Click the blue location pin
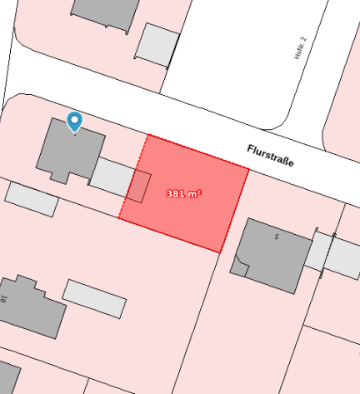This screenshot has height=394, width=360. point(75,122)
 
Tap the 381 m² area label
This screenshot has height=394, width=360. point(184,193)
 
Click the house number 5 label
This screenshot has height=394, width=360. point(276,237)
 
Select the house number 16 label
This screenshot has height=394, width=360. point(4,297)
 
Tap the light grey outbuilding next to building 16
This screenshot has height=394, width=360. point(94,298)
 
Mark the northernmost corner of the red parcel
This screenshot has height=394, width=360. point(148,134)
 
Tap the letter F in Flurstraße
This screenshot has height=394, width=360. point(250,147)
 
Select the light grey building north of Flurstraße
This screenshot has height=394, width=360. point(157,44)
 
